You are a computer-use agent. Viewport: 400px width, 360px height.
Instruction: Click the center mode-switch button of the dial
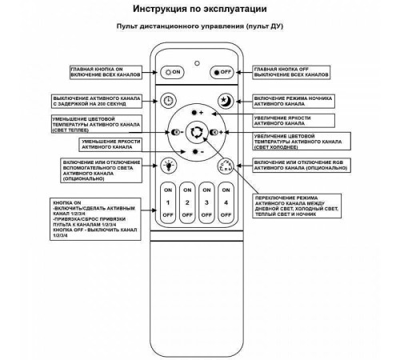197,132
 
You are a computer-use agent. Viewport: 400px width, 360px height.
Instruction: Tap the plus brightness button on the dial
197,113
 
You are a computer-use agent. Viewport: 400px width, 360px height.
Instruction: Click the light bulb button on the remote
168,166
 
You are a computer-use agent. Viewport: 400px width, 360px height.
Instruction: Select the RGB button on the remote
226,166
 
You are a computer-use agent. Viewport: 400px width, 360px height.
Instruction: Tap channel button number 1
168,203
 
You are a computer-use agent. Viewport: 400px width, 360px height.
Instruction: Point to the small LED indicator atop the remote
197,60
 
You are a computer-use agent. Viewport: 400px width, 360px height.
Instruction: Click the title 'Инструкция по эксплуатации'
199,10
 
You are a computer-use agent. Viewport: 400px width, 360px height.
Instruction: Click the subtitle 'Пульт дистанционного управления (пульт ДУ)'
199,30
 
